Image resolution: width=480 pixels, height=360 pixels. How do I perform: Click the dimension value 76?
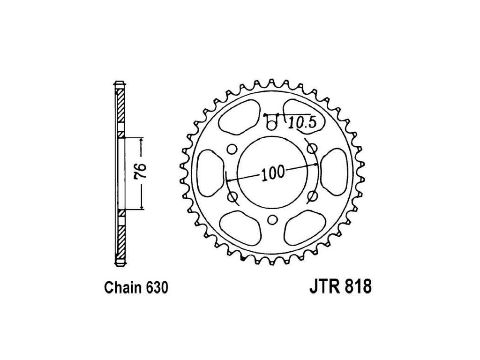(142, 172)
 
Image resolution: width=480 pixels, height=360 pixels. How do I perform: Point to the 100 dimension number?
(272, 173)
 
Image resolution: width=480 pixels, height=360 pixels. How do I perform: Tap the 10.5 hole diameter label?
(302, 123)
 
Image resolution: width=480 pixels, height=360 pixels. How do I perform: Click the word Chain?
(123, 288)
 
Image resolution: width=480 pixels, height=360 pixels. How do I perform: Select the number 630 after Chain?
(157, 288)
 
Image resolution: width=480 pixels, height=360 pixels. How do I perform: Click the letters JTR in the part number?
(325, 286)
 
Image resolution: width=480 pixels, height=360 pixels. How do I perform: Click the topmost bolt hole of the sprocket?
(271, 125)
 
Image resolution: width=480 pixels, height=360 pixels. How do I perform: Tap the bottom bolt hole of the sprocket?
(272, 219)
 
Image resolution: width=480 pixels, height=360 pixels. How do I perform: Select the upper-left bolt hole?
(232, 149)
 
